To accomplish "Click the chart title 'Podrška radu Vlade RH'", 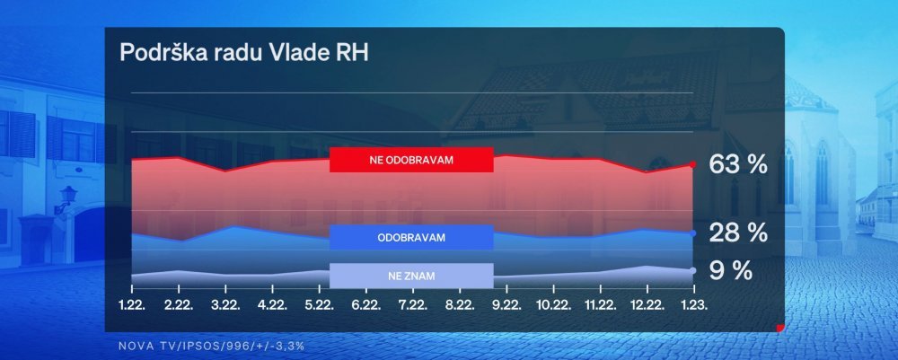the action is pos(244,53).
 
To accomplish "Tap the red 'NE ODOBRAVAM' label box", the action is pos(411,160).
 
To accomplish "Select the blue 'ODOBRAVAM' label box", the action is pos(411,237).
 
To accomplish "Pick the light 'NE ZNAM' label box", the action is pos(411,276).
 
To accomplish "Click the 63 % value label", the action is pos(737,164).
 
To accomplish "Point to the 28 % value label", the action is pos(737,233).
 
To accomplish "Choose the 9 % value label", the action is pos(730,270).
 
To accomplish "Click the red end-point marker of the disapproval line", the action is pos(692,164).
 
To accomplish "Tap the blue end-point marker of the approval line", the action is pos(693,233).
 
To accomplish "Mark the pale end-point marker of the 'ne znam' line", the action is pos(693,270).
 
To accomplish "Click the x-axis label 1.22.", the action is pos(132,305).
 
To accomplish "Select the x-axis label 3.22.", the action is pos(225,305).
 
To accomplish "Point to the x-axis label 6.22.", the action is pos(366,305).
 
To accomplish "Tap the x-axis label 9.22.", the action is pos(506,305).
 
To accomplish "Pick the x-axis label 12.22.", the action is pos(647,305).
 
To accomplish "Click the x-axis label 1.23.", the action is pos(693,305).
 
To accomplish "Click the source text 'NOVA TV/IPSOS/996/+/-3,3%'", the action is pos(211,347).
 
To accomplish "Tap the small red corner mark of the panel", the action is pos(780,328).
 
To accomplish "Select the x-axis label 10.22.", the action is pos(552,305).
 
